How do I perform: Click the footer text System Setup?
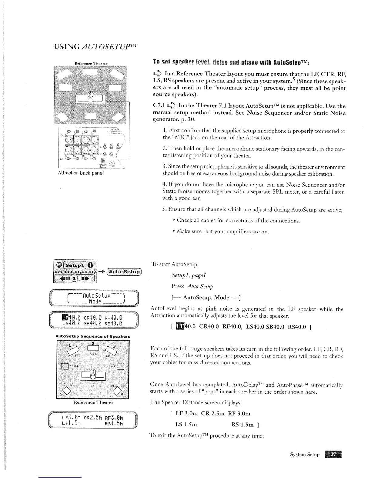pyautogui.click(x=305, y=455)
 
